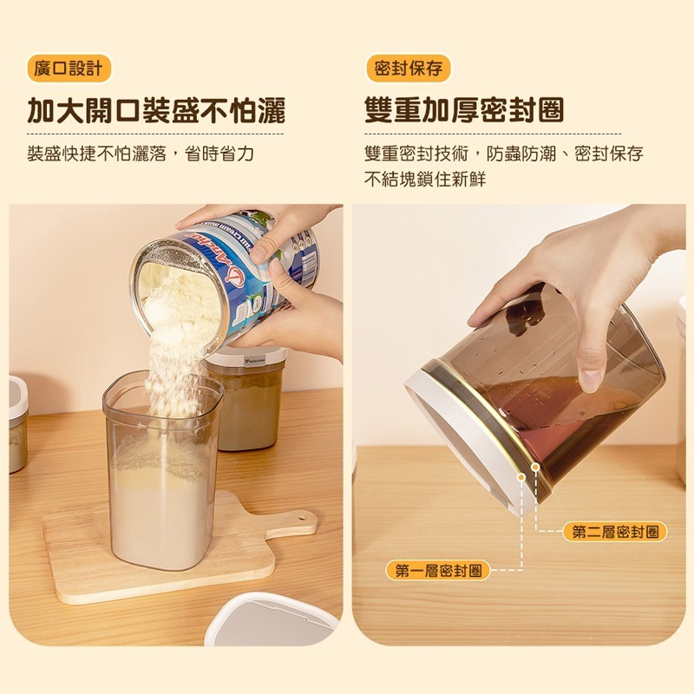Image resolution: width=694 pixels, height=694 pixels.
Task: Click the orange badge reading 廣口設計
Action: (x=68, y=69)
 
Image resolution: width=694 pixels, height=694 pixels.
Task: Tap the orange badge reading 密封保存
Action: (x=408, y=69)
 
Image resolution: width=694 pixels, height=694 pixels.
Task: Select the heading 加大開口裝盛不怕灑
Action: (x=156, y=111)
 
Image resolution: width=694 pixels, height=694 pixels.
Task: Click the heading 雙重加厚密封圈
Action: (x=464, y=111)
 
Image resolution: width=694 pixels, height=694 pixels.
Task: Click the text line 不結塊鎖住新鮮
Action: (x=425, y=180)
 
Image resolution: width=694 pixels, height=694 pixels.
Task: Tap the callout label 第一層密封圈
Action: (x=438, y=570)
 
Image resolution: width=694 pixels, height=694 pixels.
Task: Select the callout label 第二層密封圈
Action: (x=615, y=532)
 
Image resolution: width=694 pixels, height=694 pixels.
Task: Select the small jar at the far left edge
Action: (x=17, y=425)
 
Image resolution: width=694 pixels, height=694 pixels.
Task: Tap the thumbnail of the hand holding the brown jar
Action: (x=573, y=295)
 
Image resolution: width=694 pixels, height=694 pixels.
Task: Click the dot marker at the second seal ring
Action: (x=535, y=467)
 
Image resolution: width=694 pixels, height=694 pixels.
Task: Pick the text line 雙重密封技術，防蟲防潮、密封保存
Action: (x=504, y=154)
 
